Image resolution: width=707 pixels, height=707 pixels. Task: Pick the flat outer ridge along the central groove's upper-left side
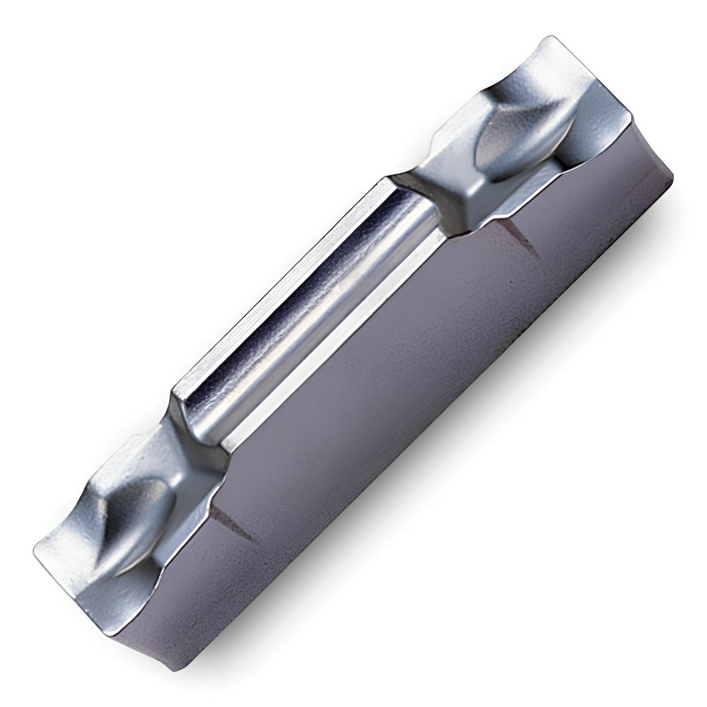click(x=276, y=283)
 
